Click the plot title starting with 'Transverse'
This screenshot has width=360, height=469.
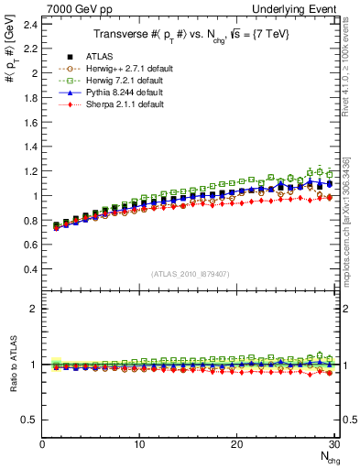click(x=191, y=35)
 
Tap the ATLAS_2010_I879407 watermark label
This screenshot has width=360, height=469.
click(x=190, y=274)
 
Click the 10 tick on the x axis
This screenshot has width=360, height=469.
click(x=139, y=445)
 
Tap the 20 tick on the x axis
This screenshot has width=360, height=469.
click(x=236, y=445)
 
